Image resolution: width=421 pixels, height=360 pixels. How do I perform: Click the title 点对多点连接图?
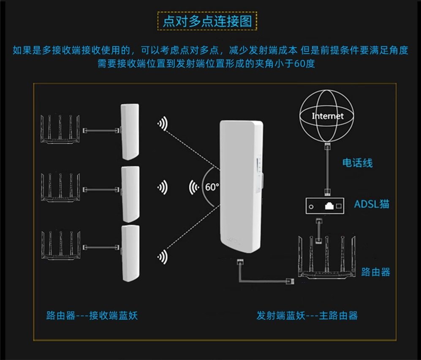point(207,21)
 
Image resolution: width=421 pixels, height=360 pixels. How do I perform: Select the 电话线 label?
point(357,162)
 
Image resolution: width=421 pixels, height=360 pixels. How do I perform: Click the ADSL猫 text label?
point(372,205)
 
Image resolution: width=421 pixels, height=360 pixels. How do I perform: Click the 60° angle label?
point(212,187)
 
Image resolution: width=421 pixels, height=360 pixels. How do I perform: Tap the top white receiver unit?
point(130,131)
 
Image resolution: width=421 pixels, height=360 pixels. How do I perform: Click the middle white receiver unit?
point(130,194)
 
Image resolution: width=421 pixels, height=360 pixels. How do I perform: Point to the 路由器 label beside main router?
point(375,272)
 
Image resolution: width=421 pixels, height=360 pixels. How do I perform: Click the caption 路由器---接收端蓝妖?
point(92,315)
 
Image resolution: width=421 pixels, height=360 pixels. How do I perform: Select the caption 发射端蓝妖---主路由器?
point(307,315)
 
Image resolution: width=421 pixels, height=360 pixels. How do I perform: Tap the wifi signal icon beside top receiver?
point(162,123)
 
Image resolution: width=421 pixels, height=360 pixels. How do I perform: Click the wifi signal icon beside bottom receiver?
point(162,256)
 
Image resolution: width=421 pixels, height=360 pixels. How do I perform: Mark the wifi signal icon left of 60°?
point(194,186)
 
